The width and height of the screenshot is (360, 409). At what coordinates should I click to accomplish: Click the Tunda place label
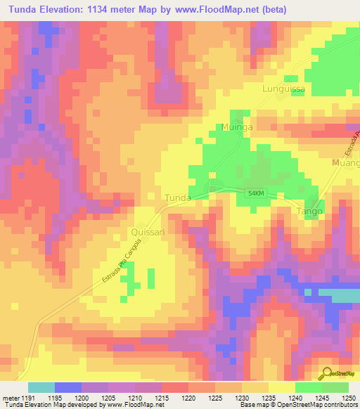tap(177, 198)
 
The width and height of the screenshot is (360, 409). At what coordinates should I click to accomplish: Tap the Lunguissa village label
tap(281, 89)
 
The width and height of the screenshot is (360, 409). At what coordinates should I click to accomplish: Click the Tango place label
tap(309, 211)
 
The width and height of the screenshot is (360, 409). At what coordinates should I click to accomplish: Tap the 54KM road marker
tap(255, 193)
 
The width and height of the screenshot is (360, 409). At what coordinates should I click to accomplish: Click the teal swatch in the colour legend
tap(41, 388)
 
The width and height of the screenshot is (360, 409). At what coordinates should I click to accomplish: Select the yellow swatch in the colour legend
tap(281, 388)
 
